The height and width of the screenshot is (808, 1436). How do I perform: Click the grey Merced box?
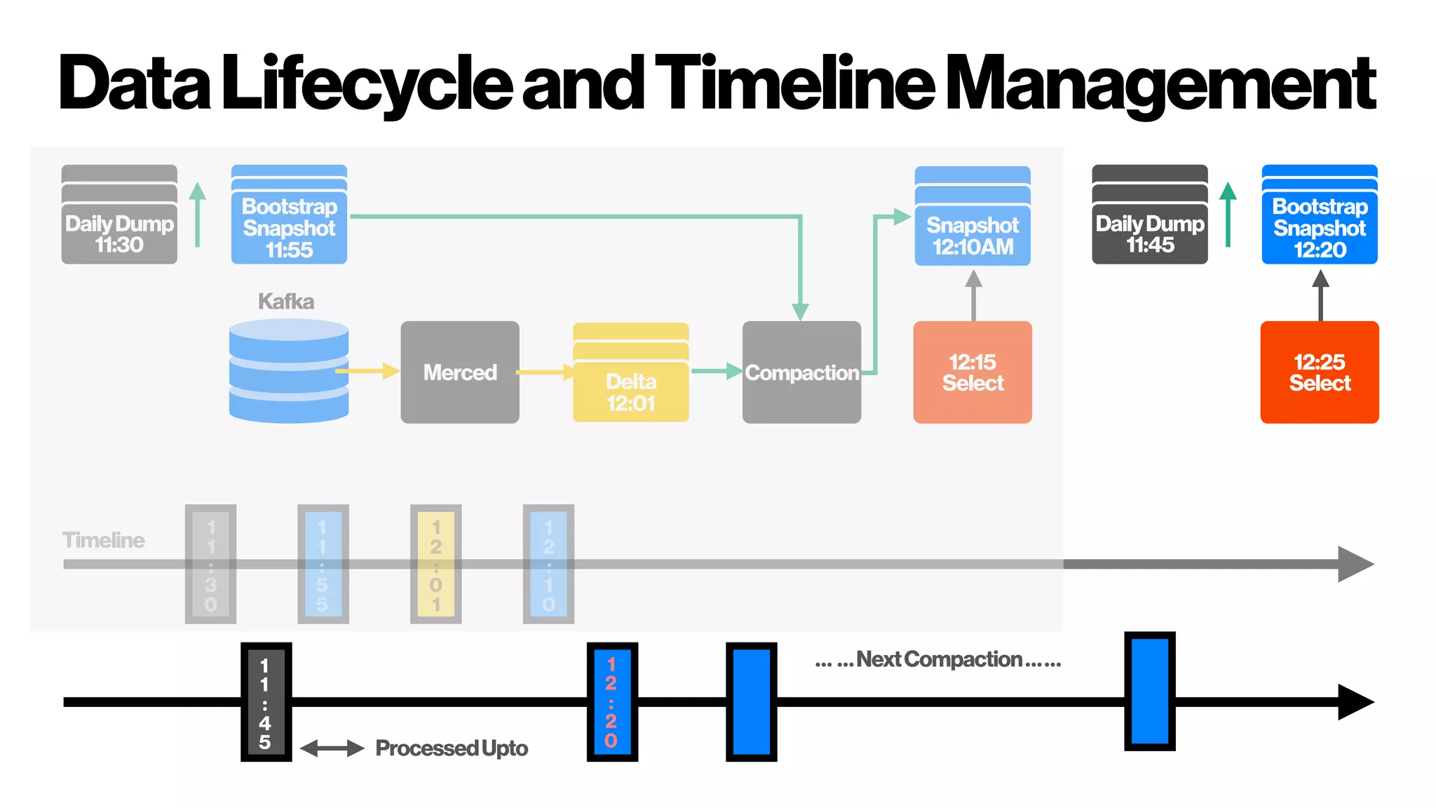(460, 372)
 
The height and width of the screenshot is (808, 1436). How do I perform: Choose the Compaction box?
(801, 372)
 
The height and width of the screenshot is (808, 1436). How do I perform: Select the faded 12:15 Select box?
(973, 372)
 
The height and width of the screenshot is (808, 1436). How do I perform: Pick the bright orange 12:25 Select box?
(1320, 372)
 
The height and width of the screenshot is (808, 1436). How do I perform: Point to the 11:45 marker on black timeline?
(266, 702)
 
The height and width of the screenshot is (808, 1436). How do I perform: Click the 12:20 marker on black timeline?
(612, 702)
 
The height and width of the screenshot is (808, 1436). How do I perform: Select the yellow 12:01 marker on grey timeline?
(435, 564)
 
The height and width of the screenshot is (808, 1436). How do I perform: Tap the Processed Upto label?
(452, 748)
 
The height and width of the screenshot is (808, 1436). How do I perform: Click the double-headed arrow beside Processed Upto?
(332, 748)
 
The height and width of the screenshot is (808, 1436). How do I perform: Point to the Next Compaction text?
(938, 660)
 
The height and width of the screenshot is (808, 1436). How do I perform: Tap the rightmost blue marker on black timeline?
(1149, 692)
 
